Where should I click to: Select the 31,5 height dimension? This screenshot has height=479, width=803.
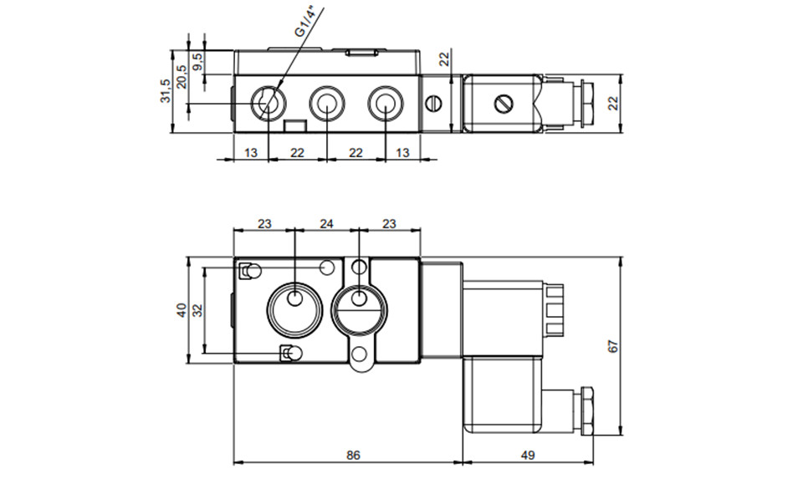166,90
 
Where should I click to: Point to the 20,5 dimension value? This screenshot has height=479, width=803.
181,75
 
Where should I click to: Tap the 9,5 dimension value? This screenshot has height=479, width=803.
197,61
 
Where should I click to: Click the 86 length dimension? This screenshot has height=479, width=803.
353,456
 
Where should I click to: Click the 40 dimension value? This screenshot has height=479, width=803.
181,309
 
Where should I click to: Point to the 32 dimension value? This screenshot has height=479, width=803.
197,309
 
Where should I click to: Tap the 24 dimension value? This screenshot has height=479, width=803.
327,223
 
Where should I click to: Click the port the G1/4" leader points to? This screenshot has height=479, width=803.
269,104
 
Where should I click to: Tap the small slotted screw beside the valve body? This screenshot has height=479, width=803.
433,104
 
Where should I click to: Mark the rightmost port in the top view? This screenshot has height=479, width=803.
383,104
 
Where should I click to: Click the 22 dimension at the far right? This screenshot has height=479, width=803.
612,103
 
